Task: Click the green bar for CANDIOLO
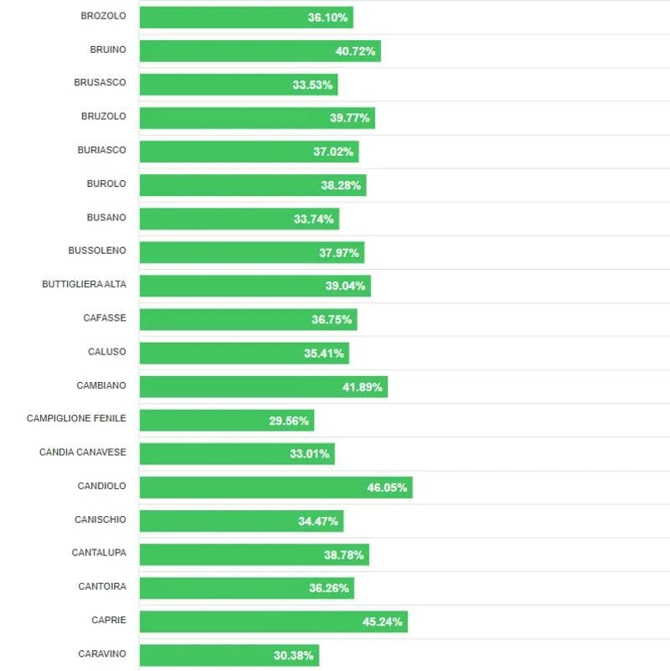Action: (x=276, y=488)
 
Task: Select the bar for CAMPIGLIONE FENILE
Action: (x=226, y=421)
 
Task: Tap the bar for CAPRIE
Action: (x=273, y=622)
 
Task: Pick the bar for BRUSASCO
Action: (x=238, y=85)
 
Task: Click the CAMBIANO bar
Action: (x=263, y=387)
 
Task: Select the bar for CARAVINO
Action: (x=229, y=655)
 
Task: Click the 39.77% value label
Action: (x=349, y=118)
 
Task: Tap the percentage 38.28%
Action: (x=341, y=185)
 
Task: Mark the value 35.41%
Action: (x=323, y=354)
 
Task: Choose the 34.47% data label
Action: (x=318, y=521)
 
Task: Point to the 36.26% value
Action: (x=328, y=588)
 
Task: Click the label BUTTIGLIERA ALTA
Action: (x=84, y=285)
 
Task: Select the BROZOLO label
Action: (x=103, y=16)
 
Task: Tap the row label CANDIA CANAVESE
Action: (x=82, y=452)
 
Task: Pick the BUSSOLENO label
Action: (x=97, y=250)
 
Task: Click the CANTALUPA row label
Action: (x=99, y=553)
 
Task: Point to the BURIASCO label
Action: (x=101, y=150)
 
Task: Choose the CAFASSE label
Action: (x=105, y=318)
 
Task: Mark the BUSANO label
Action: (x=106, y=218)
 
